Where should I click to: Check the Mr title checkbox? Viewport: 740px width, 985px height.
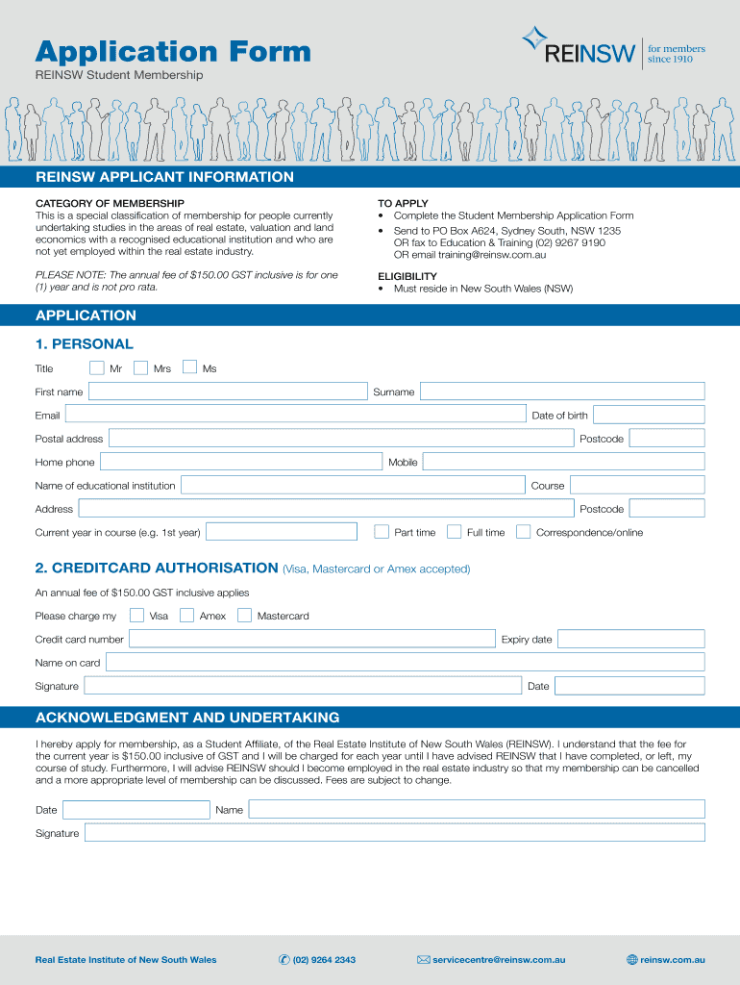(96, 367)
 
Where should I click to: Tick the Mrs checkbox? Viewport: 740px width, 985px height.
(140, 367)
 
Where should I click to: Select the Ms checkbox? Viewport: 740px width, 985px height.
(189, 366)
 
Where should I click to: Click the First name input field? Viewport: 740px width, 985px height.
(228, 391)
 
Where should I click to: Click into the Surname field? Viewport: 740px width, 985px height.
(562, 391)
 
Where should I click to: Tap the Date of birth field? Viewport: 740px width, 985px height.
(649, 415)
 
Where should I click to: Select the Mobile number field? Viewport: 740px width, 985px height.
(563, 462)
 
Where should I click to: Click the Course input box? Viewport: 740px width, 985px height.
(637, 485)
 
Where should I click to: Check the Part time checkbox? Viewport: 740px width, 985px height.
(382, 532)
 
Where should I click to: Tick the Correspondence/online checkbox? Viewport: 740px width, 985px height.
(523, 532)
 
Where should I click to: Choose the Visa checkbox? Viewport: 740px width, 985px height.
(136, 615)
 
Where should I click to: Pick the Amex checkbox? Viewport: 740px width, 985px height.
(186, 615)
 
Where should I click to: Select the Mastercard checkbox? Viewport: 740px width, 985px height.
(244, 615)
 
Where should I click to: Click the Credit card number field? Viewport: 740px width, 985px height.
(312, 639)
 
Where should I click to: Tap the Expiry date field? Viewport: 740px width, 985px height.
(630, 639)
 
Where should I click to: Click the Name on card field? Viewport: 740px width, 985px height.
(405, 662)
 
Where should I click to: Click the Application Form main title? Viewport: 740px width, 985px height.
(173, 51)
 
